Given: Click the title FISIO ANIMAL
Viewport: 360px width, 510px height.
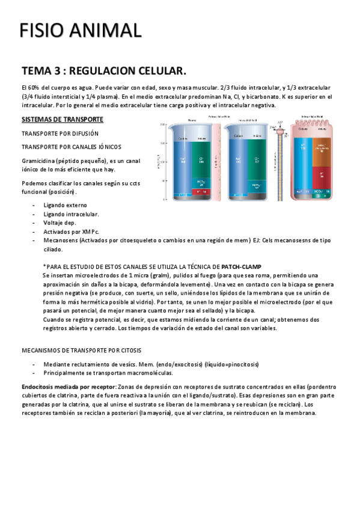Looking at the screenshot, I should pyautogui.click(x=80, y=30).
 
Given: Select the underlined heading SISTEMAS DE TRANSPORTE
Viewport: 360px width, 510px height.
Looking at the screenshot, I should pyautogui.click(x=62, y=118).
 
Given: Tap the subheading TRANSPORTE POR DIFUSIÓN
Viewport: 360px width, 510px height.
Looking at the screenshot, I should pyautogui.click(x=59, y=133).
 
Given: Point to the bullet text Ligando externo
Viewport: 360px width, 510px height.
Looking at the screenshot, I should pyautogui.click(x=66, y=205).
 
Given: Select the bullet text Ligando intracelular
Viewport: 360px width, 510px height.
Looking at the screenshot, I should pyautogui.click(x=71, y=214).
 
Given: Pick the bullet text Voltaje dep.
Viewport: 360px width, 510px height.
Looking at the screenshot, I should pyautogui.click(x=59, y=222).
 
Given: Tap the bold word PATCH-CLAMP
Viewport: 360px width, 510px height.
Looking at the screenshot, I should pyautogui.click(x=241, y=266).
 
